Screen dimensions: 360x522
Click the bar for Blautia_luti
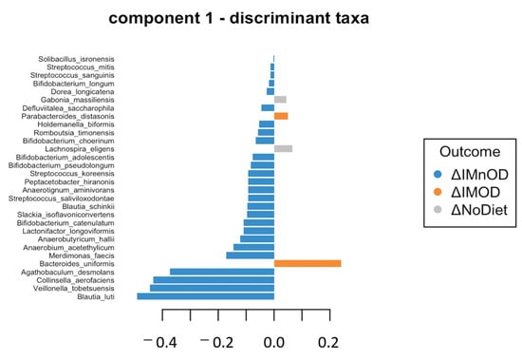(x=205, y=296)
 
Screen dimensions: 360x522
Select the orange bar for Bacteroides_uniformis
(x=307, y=263)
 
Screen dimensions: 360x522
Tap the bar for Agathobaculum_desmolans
(x=221, y=272)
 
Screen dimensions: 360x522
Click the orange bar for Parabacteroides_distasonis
(x=281, y=116)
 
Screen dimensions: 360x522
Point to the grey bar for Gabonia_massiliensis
(x=280, y=99)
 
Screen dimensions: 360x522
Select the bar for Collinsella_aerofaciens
(x=214, y=280)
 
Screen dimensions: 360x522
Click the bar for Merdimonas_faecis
(x=250, y=256)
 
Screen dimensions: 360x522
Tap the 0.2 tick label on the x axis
(x=329, y=341)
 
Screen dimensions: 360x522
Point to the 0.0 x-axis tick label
(x=273, y=341)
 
